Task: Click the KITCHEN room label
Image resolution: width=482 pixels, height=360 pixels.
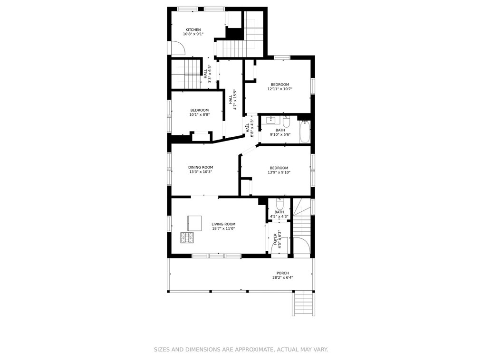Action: tap(193, 30)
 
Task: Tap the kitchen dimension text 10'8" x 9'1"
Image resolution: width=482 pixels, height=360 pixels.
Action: tap(193, 34)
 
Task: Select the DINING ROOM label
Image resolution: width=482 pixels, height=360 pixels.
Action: tap(201, 167)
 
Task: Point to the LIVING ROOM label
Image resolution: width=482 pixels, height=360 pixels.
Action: tap(223, 224)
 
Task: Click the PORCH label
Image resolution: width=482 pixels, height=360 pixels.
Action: tap(282, 273)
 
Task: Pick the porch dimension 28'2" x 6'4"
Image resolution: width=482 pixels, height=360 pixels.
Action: tap(282, 278)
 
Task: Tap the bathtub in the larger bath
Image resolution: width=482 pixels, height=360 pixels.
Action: tap(305, 132)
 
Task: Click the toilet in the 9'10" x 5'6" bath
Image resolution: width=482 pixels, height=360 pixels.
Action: tap(287, 122)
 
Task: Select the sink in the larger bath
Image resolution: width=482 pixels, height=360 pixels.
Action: tap(271, 120)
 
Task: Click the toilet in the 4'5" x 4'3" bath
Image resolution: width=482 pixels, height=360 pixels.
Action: tap(280, 204)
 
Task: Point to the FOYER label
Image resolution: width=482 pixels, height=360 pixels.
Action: tap(275, 239)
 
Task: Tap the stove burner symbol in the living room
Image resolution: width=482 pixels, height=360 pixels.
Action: tap(187, 237)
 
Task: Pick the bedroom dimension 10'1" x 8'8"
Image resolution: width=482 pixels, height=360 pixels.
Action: tap(200, 115)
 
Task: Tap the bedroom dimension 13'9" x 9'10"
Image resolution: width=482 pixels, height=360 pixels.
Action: tap(279, 172)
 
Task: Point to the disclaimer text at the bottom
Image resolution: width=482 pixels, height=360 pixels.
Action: tap(241, 349)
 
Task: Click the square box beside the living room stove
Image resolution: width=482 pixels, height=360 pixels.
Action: tap(194, 223)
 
